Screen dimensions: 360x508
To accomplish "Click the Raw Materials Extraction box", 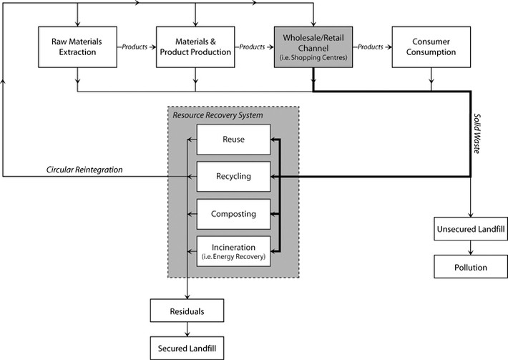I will pos(76,47).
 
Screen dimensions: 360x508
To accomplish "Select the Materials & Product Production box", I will pos(194,47).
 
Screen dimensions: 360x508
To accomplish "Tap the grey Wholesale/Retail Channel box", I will pos(312,47).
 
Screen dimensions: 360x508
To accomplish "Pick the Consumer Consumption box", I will pos(430,47).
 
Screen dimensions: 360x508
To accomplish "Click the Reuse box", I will pos(233,140).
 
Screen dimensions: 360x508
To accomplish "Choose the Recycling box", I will pos(233,176).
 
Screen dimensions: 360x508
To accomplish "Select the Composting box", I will pos(233,213).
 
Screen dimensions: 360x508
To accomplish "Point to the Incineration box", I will pos(233,250).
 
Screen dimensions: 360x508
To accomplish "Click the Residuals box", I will pos(187,311).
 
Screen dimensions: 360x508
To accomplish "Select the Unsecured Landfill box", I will pos(471,230).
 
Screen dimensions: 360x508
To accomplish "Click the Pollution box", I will pos(471,267).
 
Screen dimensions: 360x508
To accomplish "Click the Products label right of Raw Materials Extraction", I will pos(135,47).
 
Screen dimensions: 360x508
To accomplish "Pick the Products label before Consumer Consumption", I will pos(371,47).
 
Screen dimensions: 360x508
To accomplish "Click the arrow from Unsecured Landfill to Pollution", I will pos(471,247).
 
